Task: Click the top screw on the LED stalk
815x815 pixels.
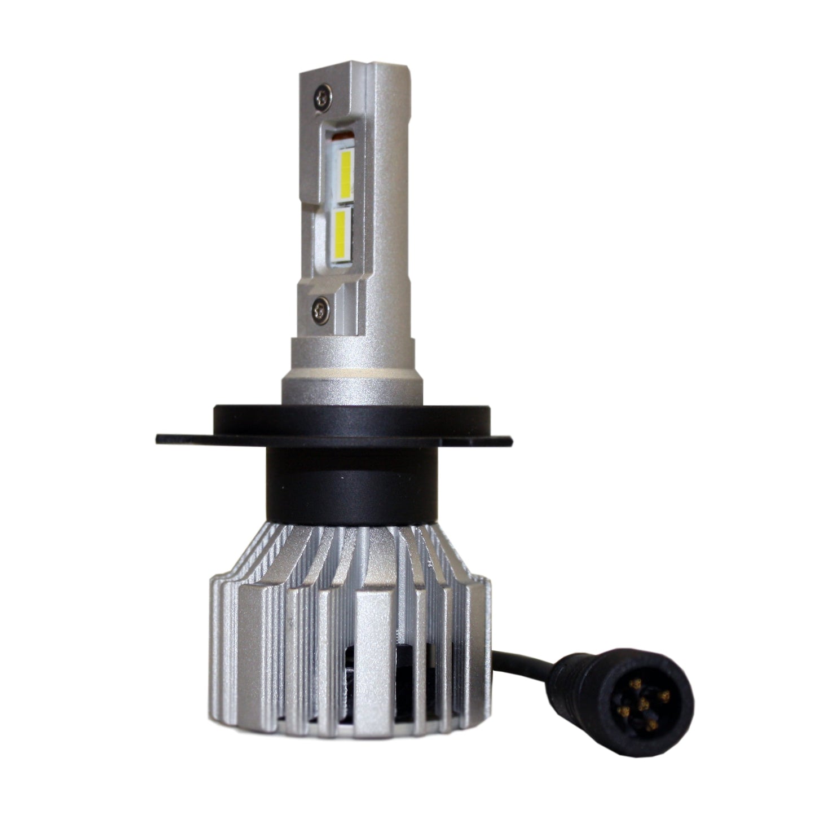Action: [323, 96]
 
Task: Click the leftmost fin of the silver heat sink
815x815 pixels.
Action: [217, 637]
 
